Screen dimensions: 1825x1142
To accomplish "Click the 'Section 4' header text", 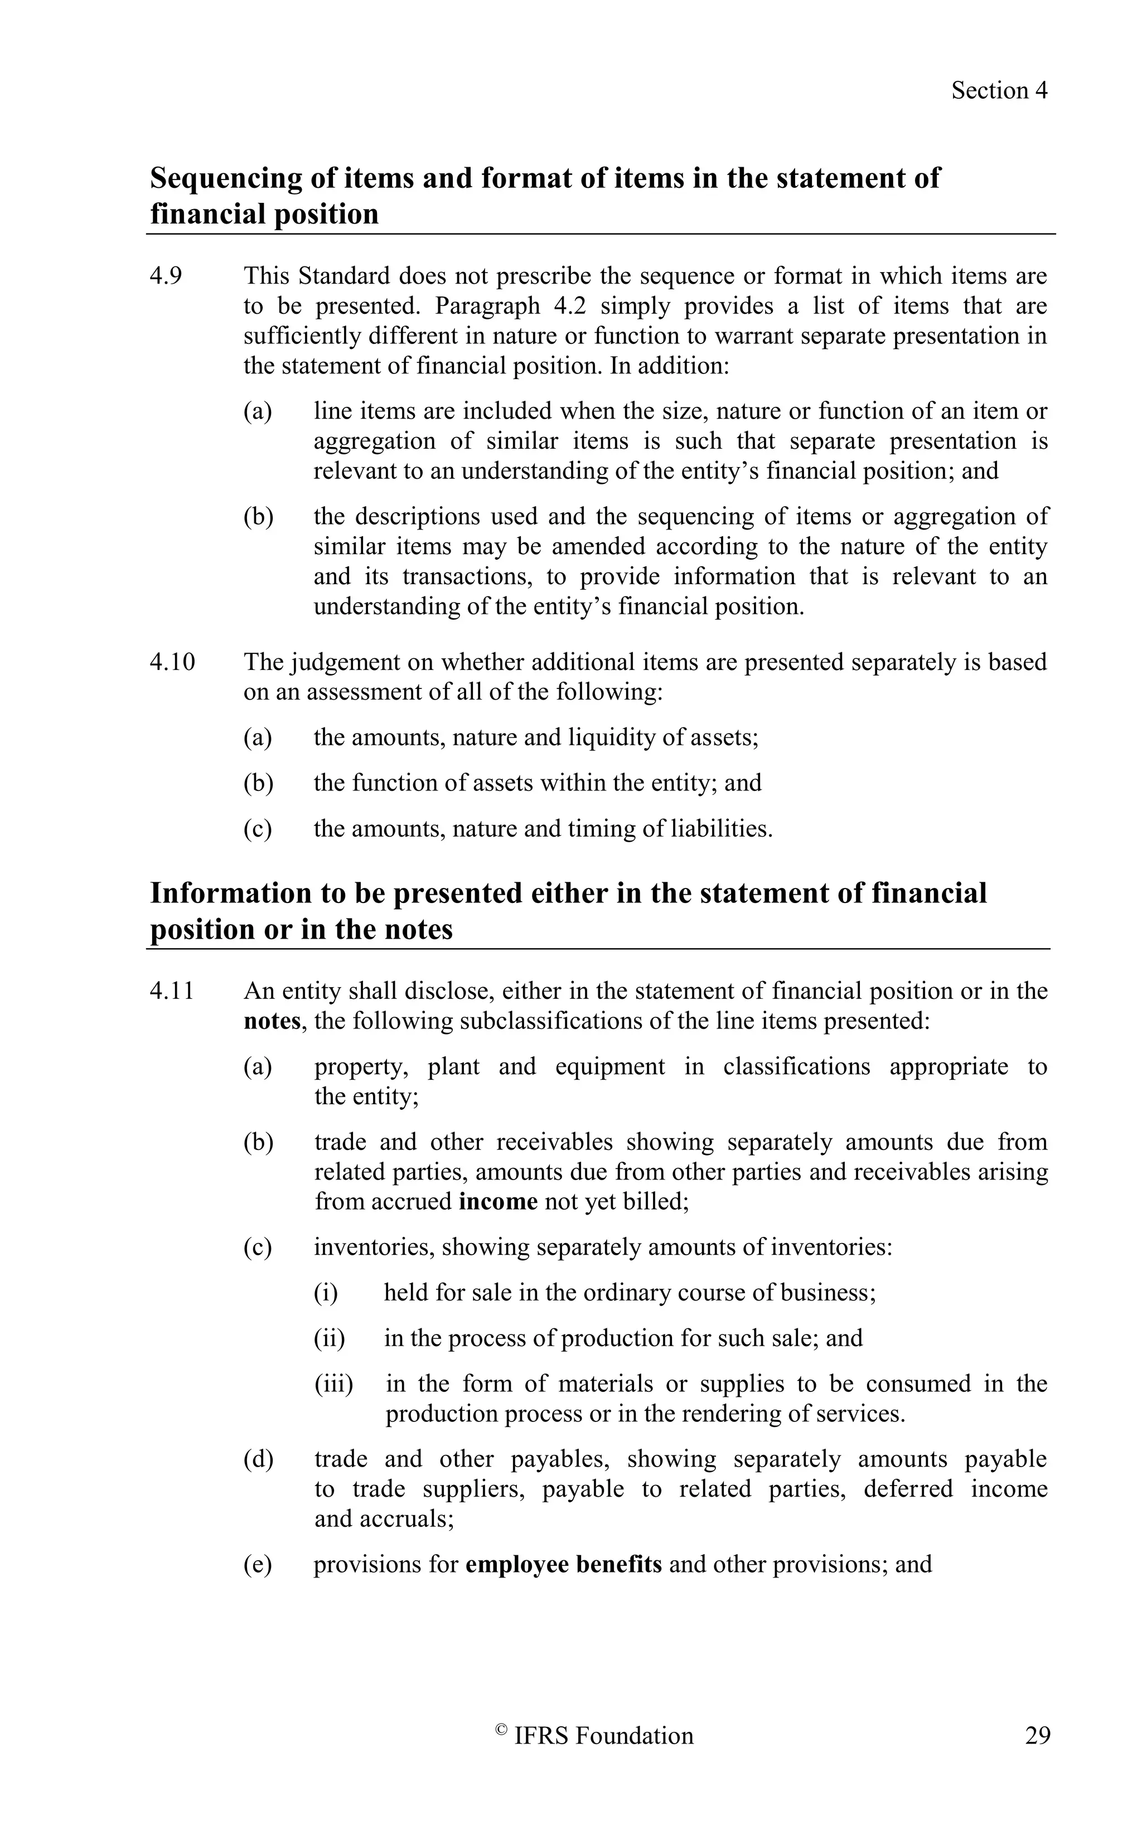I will [999, 91].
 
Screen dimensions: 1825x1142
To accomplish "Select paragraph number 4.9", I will [166, 276].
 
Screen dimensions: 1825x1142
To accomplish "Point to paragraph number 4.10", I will [172, 662].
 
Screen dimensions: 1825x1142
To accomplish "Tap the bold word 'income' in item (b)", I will [498, 1201].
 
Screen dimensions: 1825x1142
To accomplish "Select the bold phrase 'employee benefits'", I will [563, 1564].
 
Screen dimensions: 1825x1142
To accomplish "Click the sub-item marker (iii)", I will [333, 1384].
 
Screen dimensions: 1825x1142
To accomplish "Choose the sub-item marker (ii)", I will [330, 1338].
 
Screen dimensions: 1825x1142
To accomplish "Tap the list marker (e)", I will [257, 1564].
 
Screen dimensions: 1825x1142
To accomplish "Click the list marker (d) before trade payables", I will [258, 1459].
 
